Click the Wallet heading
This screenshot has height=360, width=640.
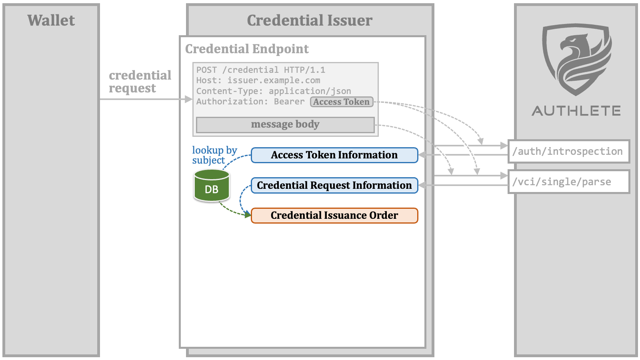(51, 20)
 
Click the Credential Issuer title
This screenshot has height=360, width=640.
(310, 20)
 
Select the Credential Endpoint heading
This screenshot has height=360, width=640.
(247, 49)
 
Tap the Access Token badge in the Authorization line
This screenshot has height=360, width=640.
(342, 102)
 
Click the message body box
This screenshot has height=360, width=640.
(285, 125)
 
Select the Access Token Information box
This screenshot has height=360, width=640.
(334, 155)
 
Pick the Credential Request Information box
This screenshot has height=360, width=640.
(334, 186)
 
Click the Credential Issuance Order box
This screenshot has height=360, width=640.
(334, 216)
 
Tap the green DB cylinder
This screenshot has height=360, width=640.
(212, 186)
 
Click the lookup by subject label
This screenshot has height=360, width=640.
(214, 155)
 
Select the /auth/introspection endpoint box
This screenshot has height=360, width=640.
(569, 152)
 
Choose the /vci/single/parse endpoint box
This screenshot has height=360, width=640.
(569, 182)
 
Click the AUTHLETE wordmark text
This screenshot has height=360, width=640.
(576, 111)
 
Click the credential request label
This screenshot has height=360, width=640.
(140, 82)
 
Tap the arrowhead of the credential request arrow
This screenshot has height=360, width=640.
(188, 99)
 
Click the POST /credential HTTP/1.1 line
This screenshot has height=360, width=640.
(260, 70)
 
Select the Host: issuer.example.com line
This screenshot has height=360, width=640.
(258, 80)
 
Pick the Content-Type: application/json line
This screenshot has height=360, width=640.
(274, 91)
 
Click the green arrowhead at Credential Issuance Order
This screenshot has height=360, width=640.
(248, 214)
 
